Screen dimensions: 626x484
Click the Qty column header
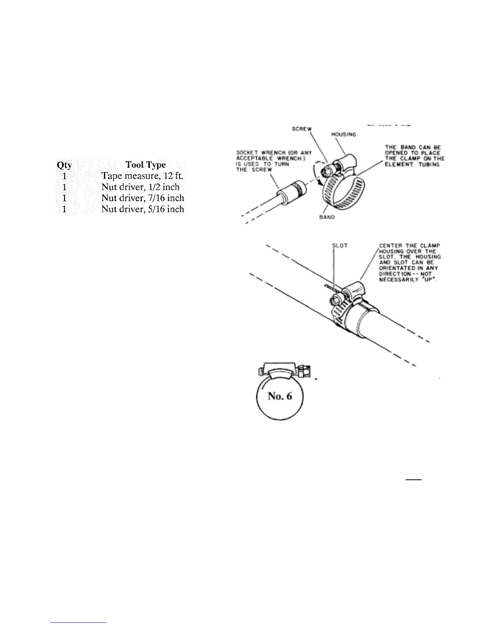(64, 165)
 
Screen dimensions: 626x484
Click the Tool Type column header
(146, 165)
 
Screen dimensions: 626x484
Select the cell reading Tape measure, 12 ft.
(142, 176)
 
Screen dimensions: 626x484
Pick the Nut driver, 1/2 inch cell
(140, 187)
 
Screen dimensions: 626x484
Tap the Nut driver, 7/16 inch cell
(143, 198)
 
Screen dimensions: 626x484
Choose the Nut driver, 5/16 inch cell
(143, 209)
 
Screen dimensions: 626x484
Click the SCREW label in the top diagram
(302, 129)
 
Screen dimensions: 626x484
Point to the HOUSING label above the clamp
(343, 134)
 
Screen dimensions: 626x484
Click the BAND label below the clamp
(327, 217)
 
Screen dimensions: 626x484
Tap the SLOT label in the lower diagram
(340, 245)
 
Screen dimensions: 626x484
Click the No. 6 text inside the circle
(280, 396)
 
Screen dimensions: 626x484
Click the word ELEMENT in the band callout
(397, 164)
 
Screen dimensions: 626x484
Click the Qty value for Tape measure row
(64, 176)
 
